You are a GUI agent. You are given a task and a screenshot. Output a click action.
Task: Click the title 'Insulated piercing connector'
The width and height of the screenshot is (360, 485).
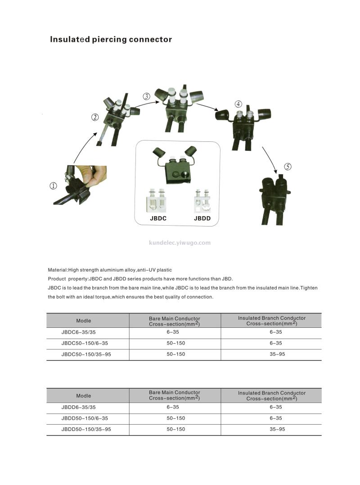111,40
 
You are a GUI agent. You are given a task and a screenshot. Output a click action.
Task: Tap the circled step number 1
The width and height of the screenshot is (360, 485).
54,186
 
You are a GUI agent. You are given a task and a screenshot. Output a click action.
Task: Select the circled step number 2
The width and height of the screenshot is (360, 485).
95,118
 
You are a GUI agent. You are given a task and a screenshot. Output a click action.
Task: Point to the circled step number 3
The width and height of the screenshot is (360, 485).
147,96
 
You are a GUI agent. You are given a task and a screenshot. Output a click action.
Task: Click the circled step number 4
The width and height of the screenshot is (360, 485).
238,104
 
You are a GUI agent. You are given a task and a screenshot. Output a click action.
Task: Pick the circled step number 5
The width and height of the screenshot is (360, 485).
288,167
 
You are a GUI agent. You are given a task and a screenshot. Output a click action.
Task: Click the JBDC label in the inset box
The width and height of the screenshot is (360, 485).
158,219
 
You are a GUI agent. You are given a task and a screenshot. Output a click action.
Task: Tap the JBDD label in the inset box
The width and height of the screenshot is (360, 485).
202,219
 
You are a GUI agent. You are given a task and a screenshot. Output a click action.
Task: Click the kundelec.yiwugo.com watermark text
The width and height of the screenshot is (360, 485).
180,243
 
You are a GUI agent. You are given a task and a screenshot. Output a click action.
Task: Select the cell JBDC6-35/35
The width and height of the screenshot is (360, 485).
78,332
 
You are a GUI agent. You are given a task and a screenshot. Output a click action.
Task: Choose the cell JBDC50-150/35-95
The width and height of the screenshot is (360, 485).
86,354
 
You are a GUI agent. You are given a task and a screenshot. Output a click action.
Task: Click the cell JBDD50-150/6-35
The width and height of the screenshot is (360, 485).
85,418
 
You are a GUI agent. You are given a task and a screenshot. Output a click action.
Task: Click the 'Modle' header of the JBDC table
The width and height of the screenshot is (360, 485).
83,321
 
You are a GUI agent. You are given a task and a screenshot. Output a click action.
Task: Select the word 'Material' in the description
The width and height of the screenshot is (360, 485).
57,270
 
